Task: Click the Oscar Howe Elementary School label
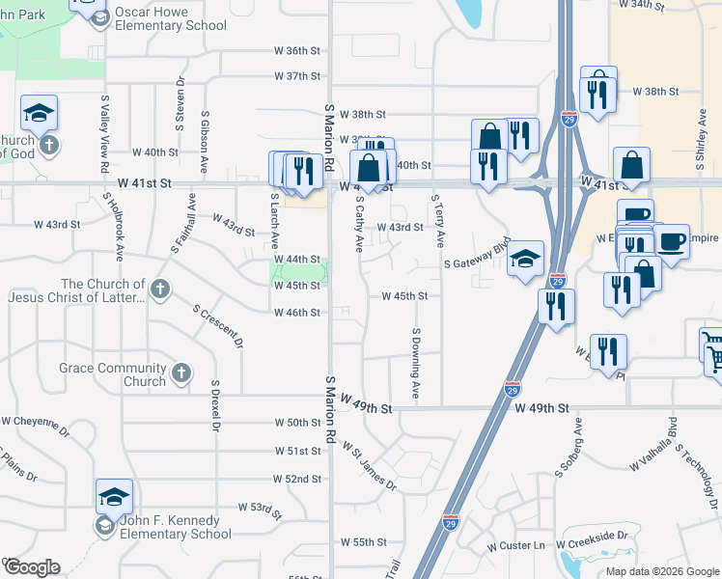click(x=170, y=19)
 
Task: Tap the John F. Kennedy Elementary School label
click(x=176, y=527)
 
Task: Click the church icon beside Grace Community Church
click(x=180, y=373)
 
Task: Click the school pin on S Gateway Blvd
click(x=525, y=258)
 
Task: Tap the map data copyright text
click(x=661, y=571)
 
